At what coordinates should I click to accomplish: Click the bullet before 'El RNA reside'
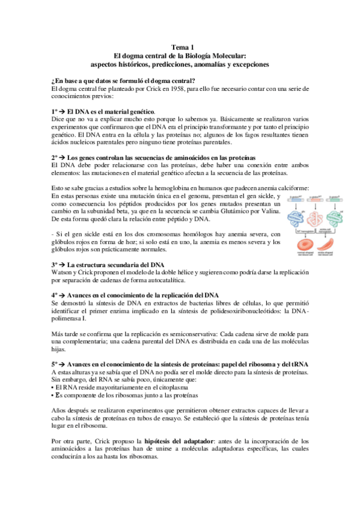54,389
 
